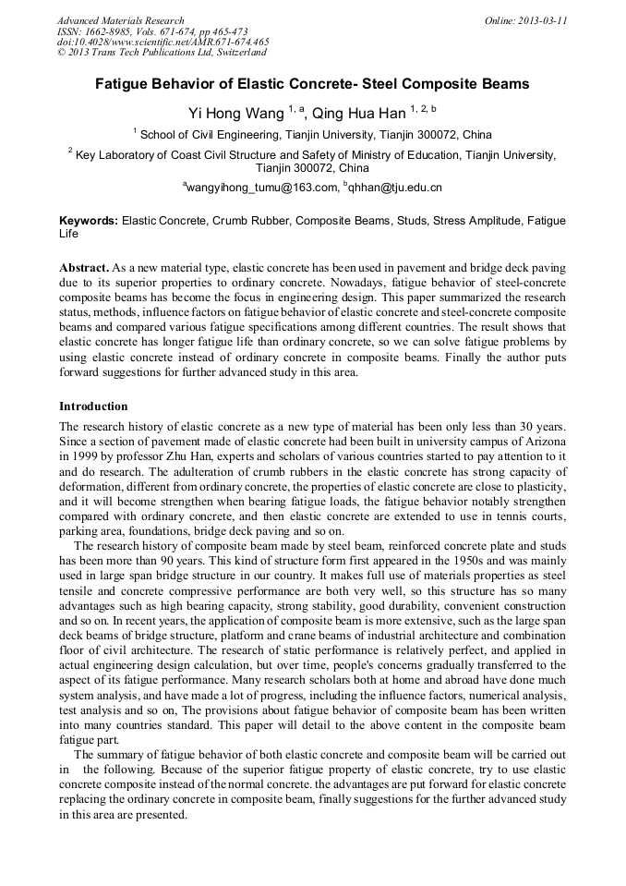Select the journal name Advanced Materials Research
121,20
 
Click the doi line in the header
163,42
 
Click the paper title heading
312,84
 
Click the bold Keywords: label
89,222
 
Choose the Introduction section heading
93,407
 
